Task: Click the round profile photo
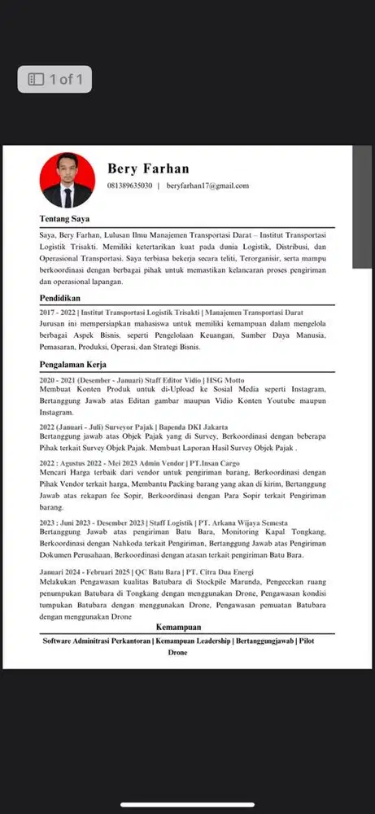point(68,180)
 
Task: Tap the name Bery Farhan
point(148,168)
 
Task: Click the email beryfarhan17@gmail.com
point(207,186)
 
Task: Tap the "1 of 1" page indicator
point(55,79)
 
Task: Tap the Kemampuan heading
point(178,628)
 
